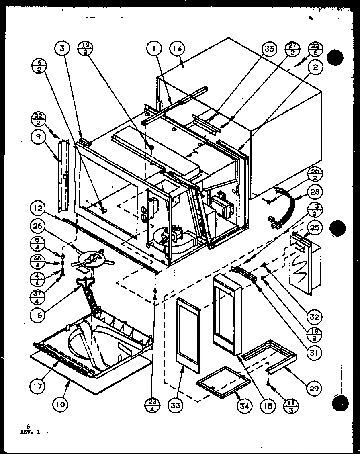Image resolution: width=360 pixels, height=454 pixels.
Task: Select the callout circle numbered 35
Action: coord(269,49)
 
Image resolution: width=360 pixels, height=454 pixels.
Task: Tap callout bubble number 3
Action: coord(62,49)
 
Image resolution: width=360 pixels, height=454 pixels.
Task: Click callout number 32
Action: coord(315,317)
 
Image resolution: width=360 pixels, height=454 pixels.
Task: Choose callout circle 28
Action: coord(315,192)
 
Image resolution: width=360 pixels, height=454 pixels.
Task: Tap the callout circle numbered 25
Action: coord(315,227)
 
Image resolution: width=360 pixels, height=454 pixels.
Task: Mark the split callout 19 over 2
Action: coord(85,49)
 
